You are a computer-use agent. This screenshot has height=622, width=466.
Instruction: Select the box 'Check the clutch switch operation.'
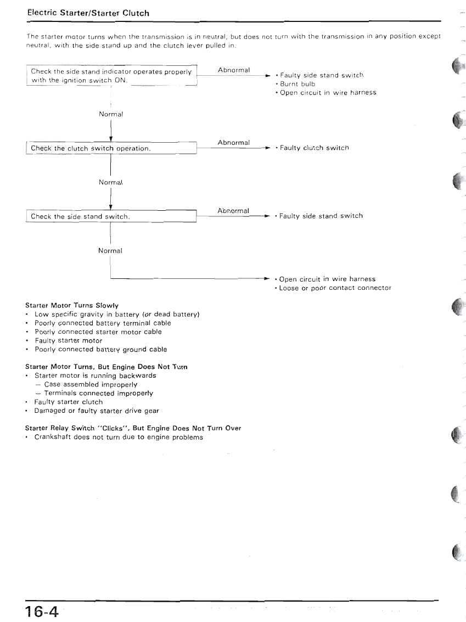pos(111,148)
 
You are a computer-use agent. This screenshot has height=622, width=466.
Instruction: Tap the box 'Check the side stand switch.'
pos(111,216)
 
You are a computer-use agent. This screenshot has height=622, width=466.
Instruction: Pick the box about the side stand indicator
pos(111,76)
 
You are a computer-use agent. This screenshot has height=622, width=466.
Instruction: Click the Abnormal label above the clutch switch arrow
pos(233,143)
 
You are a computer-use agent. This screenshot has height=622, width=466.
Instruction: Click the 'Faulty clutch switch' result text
pos(314,148)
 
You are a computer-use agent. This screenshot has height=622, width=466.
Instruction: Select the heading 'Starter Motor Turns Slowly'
pos(72,305)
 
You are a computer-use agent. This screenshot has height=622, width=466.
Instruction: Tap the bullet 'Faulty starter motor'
pos(68,340)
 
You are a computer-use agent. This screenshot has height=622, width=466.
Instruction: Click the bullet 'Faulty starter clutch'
pos(68,402)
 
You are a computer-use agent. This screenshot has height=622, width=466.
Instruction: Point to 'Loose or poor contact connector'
pos(335,288)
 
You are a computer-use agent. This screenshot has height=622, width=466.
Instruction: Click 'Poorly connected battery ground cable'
pos(100,349)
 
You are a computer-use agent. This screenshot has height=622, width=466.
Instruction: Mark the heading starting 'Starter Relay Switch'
pos(133,428)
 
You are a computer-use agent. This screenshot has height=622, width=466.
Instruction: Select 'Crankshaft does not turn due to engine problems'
pos(119,437)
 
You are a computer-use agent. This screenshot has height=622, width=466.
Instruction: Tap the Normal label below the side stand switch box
pos(110,251)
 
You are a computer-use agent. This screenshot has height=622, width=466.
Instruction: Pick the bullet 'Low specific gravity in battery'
pos(116,314)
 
